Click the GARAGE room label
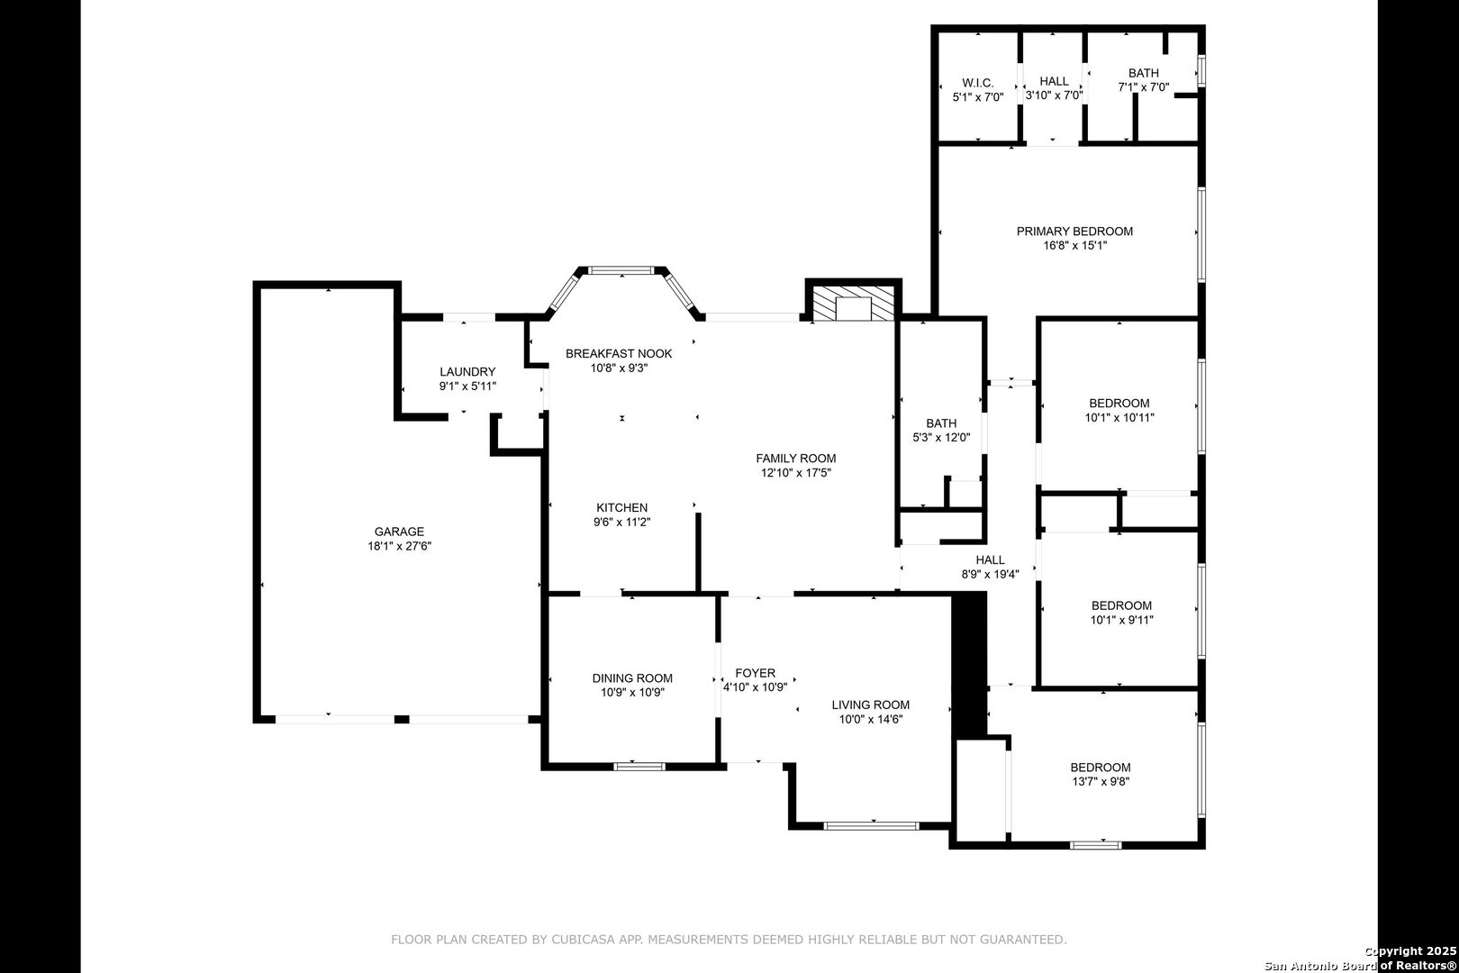tap(399, 532)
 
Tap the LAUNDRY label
tap(467, 372)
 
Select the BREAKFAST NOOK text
tap(618, 354)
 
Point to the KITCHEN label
tap(622, 508)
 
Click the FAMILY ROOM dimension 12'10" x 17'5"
tap(796, 472)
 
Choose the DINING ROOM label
tap(632, 678)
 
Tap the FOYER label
tap(755, 673)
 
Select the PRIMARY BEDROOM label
tap(1074, 232)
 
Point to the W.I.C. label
tap(978, 83)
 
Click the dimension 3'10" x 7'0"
tap(1054, 95)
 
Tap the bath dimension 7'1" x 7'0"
tap(1143, 86)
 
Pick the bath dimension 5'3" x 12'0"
tap(941, 437)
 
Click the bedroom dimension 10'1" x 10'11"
tap(1119, 418)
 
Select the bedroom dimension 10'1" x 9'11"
tap(1121, 620)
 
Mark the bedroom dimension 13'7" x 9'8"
tap(1101, 781)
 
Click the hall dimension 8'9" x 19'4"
tap(990, 574)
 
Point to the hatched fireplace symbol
tap(853, 303)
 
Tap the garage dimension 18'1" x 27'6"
tap(399, 546)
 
